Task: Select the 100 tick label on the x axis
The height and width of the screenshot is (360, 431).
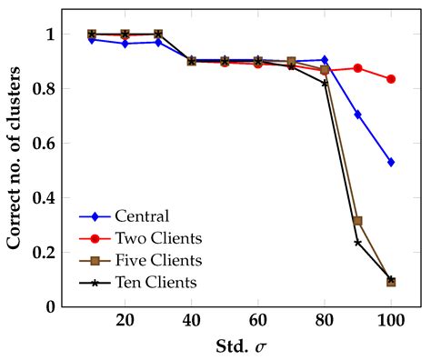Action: pos(390,320)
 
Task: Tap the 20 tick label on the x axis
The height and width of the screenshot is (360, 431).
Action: pos(125,320)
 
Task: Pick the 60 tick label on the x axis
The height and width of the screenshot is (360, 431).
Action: pos(258,320)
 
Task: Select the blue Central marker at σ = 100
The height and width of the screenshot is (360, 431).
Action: pos(390,162)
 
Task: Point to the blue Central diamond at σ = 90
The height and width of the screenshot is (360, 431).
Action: pos(357,115)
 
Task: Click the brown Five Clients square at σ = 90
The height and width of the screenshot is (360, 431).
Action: pos(357,221)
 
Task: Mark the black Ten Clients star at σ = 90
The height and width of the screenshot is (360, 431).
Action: pos(357,242)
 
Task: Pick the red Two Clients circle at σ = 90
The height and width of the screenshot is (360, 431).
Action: pos(357,68)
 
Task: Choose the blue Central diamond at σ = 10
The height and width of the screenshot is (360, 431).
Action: pos(92,40)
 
